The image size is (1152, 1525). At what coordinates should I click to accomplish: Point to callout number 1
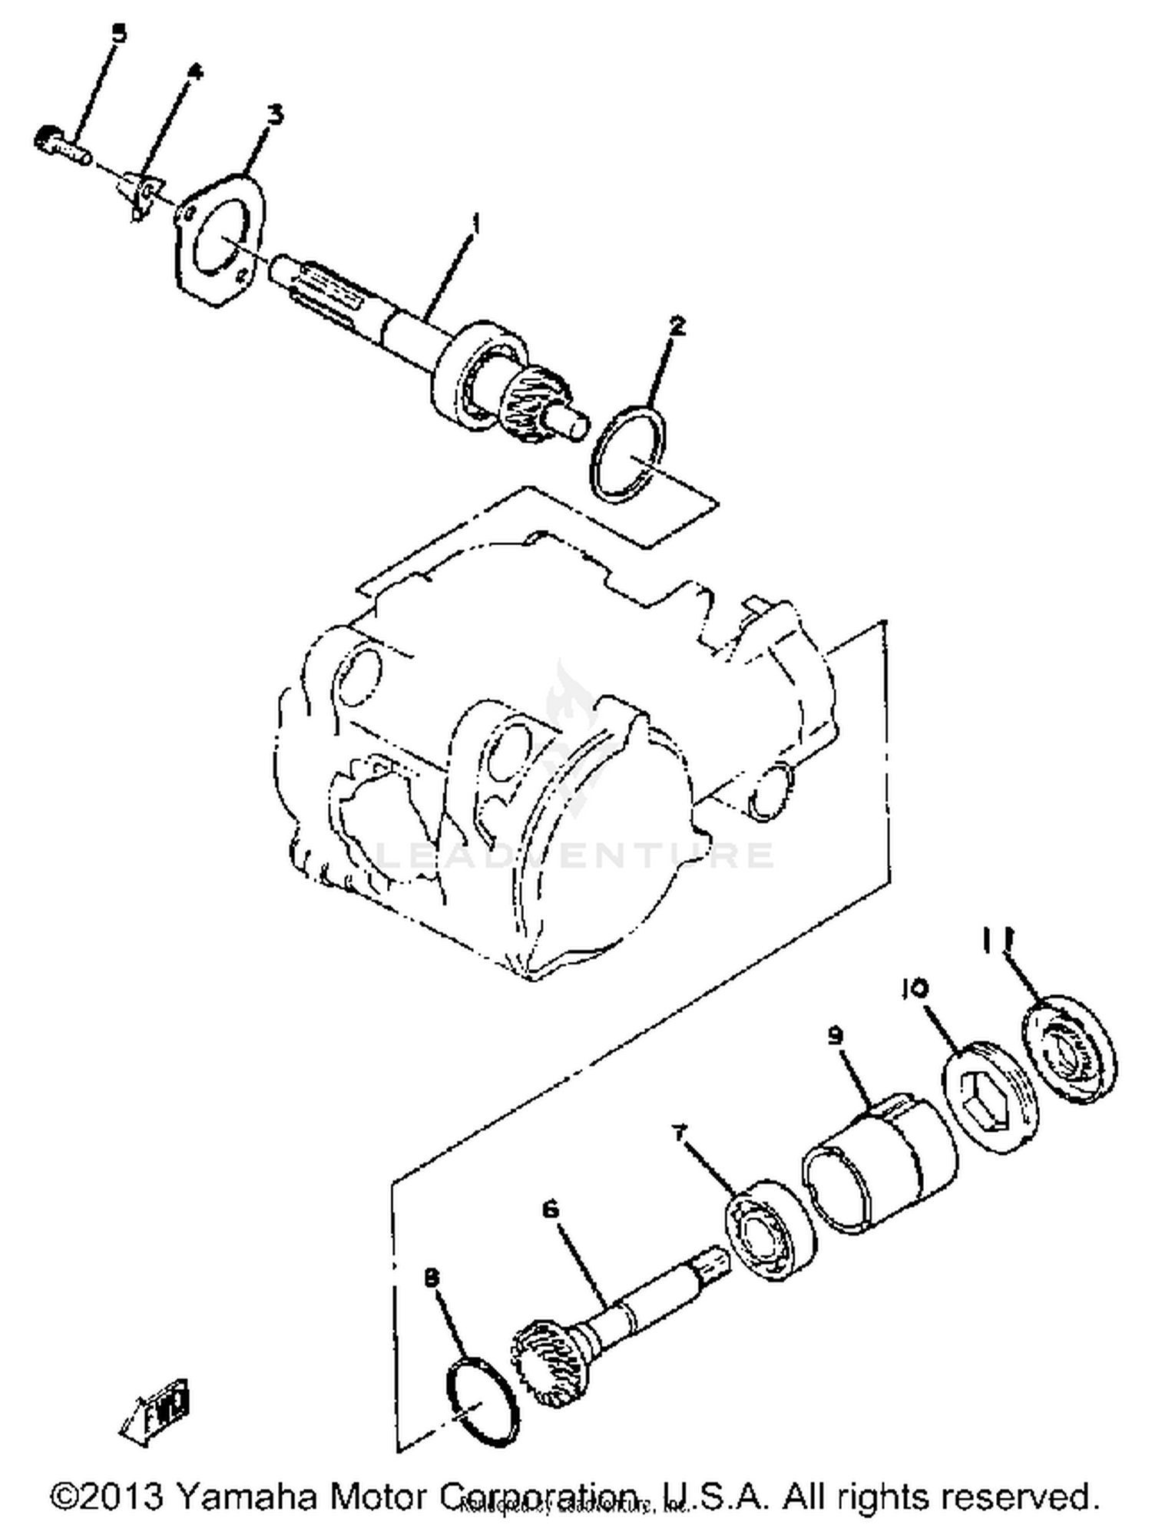(476, 224)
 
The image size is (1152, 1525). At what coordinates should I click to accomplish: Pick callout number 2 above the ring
(677, 326)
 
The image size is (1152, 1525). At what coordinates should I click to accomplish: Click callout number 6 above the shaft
(550, 1209)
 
